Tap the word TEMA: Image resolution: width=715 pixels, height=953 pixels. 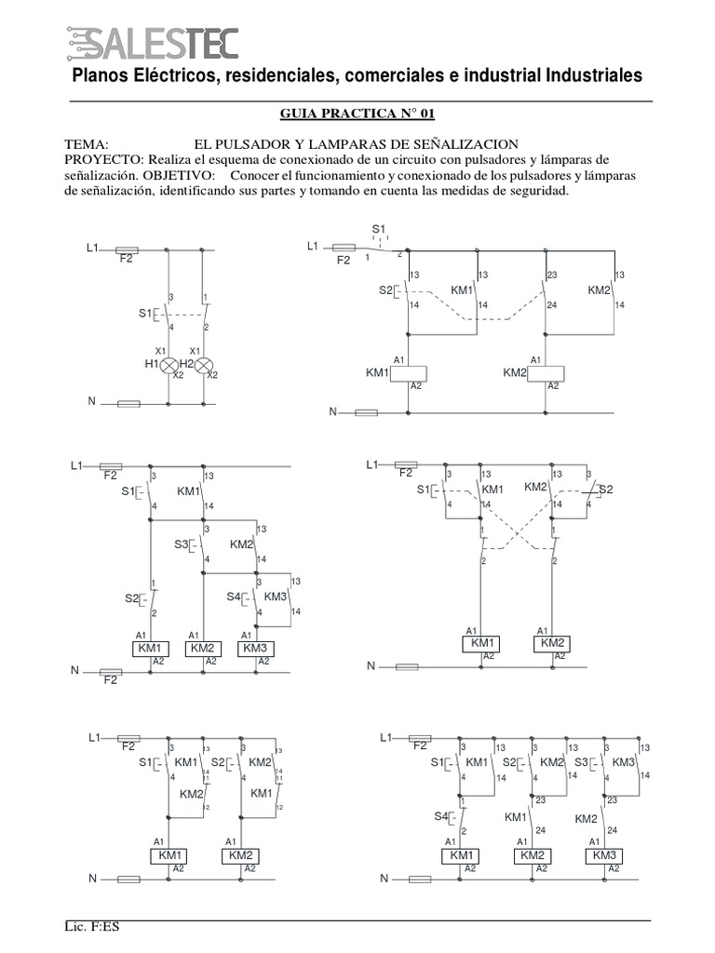(88, 144)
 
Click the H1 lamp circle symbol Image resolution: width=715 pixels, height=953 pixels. (169, 365)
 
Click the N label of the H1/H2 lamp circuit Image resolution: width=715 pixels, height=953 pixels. (91, 401)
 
